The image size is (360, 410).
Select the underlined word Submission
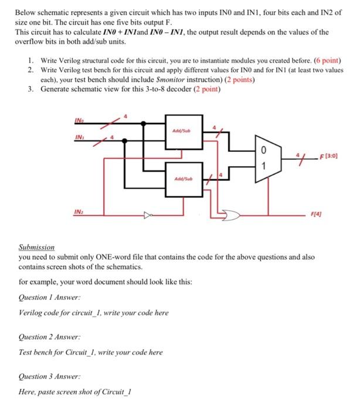pos(36,247)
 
